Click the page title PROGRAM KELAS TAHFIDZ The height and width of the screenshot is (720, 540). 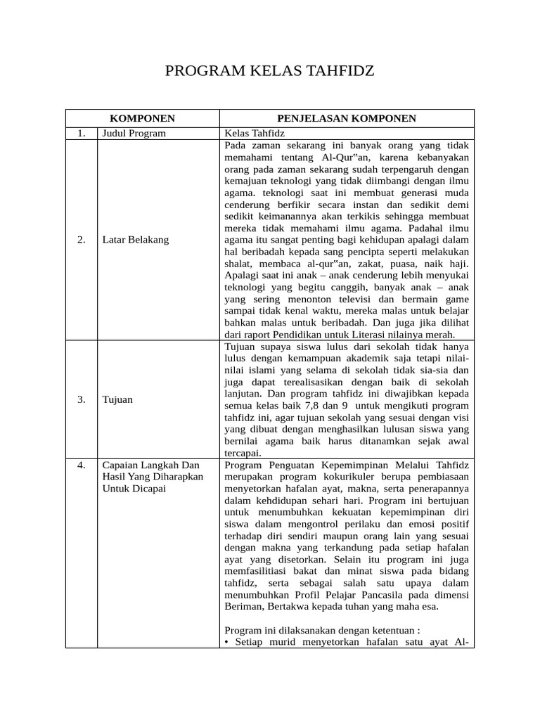[269, 71]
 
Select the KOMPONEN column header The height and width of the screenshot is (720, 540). [143, 118]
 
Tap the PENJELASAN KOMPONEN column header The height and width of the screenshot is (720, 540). [347, 118]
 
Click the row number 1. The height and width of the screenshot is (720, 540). [82, 133]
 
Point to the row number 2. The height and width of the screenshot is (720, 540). [82, 240]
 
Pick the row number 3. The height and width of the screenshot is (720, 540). [82, 399]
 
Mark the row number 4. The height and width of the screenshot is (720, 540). [82, 465]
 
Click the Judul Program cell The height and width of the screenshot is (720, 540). [134, 133]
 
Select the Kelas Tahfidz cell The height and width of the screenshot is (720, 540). [251, 133]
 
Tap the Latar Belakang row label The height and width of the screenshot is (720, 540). [136, 240]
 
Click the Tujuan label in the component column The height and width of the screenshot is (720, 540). [117, 399]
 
